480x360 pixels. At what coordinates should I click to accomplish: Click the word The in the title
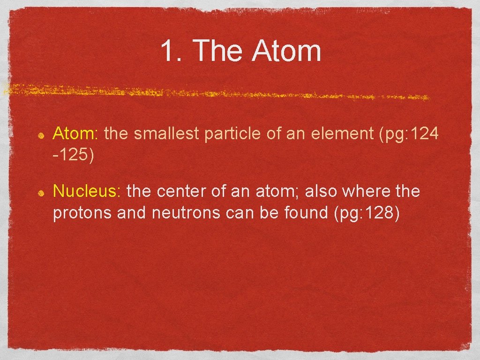pyautogui.click(x=218, y=51)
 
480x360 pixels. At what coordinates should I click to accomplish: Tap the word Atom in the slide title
pyautogui.click(x=286, y=51)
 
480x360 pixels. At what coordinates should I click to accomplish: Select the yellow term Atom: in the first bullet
pyautogui.click(x=75, y=134)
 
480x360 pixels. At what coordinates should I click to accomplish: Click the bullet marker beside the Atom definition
pyautogui.click(x=41, y=135)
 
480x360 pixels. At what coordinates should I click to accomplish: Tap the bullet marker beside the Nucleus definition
pyautogui.click(x=41, y=193)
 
